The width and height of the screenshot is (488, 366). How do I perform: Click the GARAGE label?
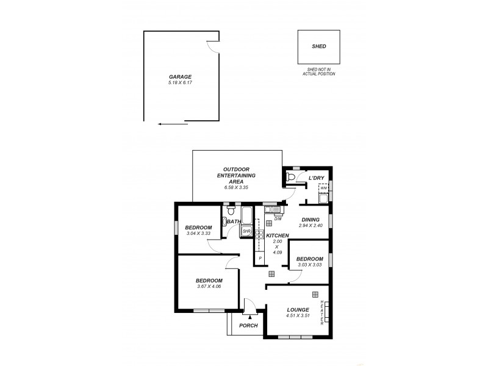180,77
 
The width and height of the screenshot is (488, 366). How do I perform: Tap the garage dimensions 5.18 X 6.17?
180,82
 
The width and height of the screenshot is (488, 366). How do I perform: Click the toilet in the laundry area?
291,178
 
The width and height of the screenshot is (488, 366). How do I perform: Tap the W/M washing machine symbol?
323,188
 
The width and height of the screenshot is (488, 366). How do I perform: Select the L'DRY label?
317,178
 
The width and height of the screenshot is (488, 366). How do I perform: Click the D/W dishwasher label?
278,218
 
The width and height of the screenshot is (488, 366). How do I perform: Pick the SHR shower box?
247,232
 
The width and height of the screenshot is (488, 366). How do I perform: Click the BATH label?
234,221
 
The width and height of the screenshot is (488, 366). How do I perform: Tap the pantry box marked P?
260,258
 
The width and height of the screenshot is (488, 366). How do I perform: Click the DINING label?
310,220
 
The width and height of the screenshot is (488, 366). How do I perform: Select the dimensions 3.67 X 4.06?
208,287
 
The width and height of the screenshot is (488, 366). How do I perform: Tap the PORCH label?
248,326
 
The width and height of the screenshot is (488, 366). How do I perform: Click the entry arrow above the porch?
249,317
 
